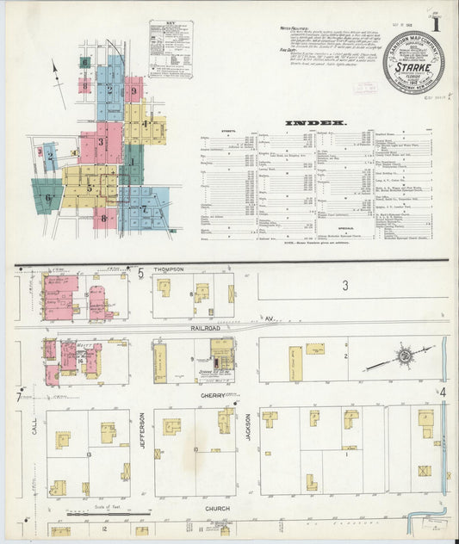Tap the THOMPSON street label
170,270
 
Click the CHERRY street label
213,395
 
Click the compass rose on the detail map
403,355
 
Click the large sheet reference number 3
344,285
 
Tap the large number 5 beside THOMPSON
140,272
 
